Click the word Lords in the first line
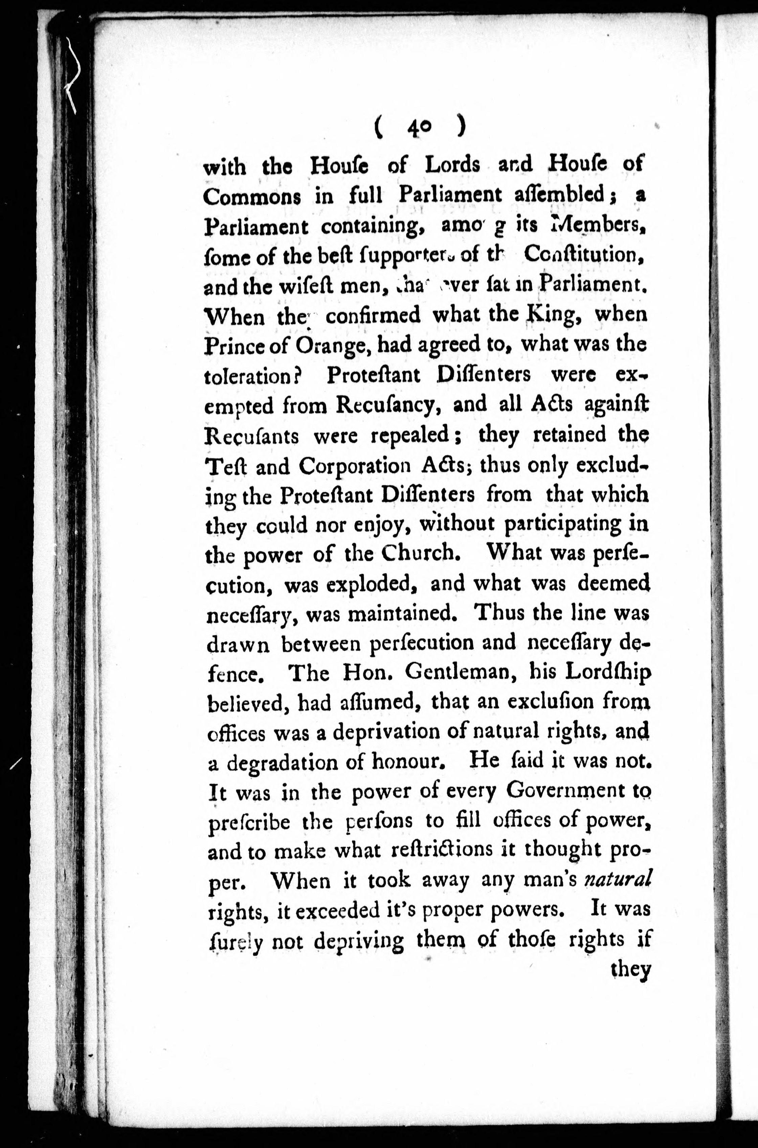pyautogui.click(x=452, y=165)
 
